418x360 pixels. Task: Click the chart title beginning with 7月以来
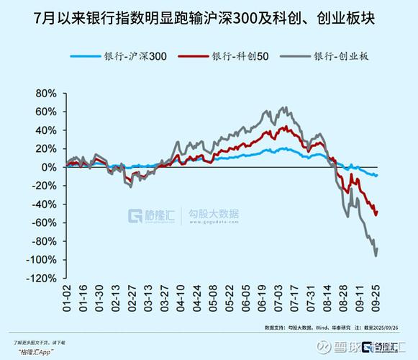209,17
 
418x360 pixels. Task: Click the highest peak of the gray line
285,108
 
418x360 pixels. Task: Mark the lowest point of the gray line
376,256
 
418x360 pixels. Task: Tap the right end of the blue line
377,176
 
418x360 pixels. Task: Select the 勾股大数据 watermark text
214,214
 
